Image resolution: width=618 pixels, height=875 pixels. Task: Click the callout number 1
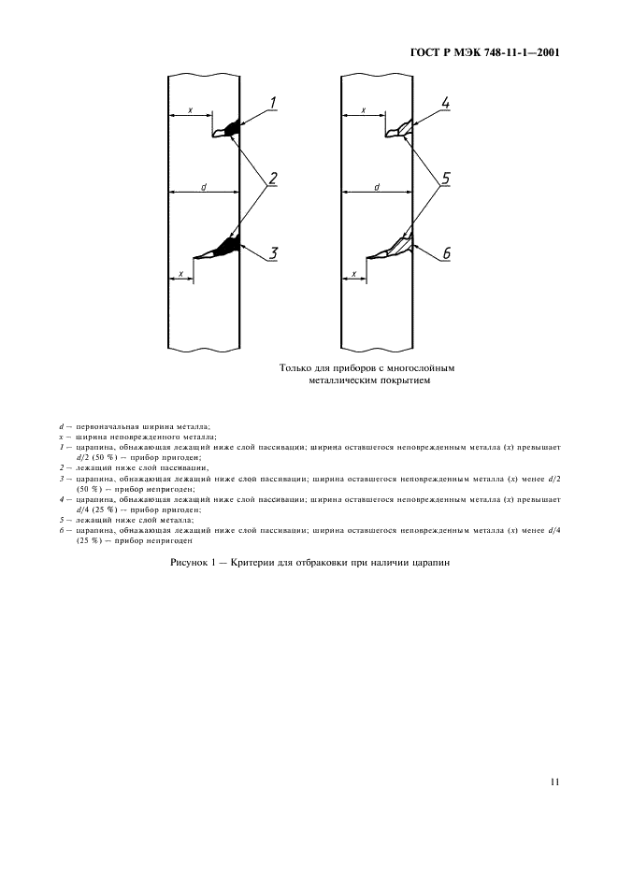coord(273,103)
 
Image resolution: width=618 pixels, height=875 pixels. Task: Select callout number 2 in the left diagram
coord(274,178)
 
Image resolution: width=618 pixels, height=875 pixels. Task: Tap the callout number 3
coord(274,252)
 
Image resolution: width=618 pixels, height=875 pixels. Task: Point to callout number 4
coord(446,103)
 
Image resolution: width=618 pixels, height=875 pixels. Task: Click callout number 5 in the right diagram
coord(446,178)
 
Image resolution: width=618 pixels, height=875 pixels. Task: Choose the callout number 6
coord(446,253)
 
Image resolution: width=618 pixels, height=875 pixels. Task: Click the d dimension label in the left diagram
coord(204,186)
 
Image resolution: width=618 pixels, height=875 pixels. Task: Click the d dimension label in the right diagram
coord(376,186)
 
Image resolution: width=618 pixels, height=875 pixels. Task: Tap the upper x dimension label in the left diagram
coord(190,110)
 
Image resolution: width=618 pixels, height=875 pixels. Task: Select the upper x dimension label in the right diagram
coord(363,110)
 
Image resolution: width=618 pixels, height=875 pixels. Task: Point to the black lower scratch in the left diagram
coord(224,247)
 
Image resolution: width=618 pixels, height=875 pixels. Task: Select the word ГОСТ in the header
coord(426,54)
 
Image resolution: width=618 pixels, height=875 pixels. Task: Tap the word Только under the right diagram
coord(298,368)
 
